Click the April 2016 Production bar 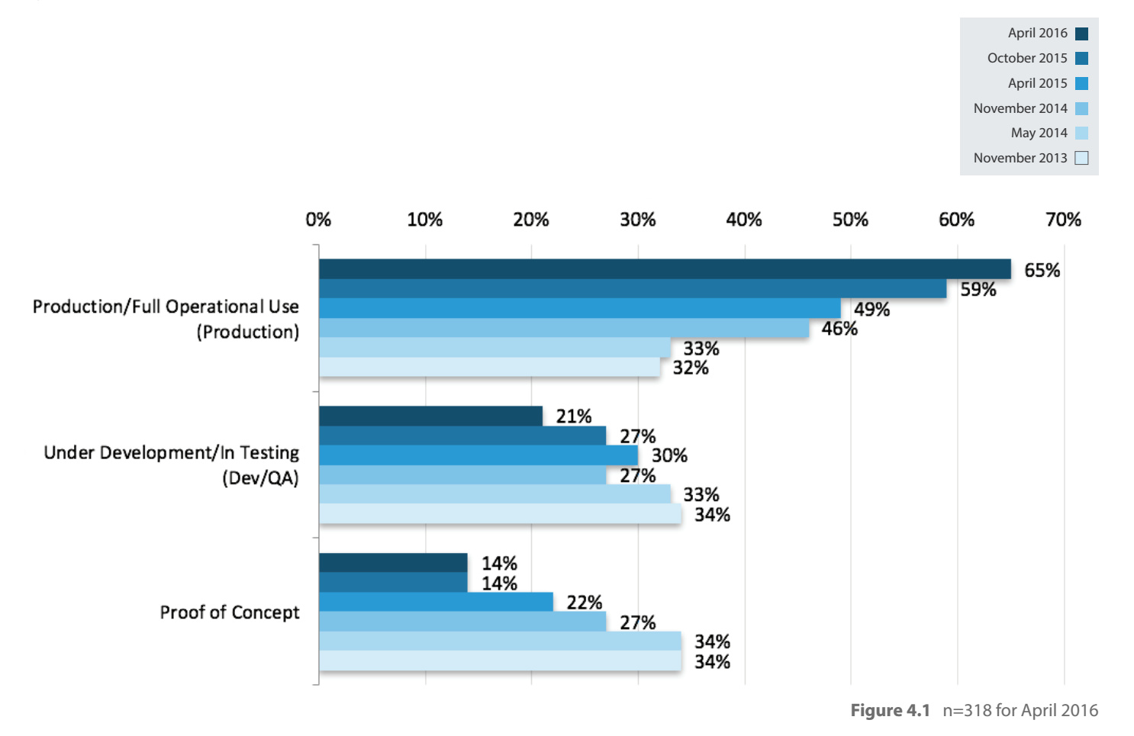(x=664, y=269)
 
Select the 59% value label (x=978, y=290)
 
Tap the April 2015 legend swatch (x=1081, y=83)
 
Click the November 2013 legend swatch (x=1081, y=158)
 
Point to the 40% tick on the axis (x=744, y=220)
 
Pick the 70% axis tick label (x=1063, y=220)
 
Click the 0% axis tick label (x=318, y=220)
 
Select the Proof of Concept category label (x=229, y=612)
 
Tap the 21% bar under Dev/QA (x=430, y=416)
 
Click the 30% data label (x=669, y=456)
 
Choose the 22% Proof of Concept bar (x=436, y=602)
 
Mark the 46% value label (x=839, y=329)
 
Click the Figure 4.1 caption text (x=890, y=711)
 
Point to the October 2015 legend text (x=1026, y=58)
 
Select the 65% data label (x=1042, y=271)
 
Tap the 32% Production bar (x=489, y=367)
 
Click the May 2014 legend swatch (x=1081, y=133)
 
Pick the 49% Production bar (x=579, y=308)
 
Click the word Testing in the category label (x=269, y=453)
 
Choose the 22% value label (x=584, y=603)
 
